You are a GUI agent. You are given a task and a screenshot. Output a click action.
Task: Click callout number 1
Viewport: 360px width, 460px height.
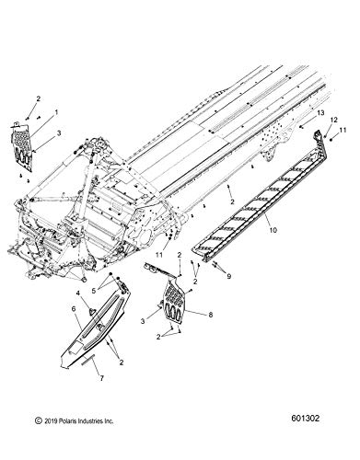click(x=56, y=112)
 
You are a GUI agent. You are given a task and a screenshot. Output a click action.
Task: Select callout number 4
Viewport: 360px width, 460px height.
click(x=78, y=293)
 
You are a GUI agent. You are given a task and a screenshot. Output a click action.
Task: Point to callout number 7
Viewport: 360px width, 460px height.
click(x=100, y=378)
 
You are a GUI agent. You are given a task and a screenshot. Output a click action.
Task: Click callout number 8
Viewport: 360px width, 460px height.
click(x=210, y=315)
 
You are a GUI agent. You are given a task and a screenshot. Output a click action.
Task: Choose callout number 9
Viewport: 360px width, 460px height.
click(x=228, y=277)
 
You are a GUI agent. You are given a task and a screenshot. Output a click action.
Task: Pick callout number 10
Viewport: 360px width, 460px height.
click(x=273, y=230)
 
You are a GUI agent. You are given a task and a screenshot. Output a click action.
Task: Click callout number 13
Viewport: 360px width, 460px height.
click(x=320, y=113)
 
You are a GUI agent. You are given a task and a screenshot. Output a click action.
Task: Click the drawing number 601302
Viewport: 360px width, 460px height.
click(x=304, y=419)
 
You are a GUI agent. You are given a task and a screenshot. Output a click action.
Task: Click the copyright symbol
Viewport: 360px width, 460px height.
click(x=39, y=421)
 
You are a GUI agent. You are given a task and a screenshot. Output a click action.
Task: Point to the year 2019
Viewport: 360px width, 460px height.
click(x=50, y=421)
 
